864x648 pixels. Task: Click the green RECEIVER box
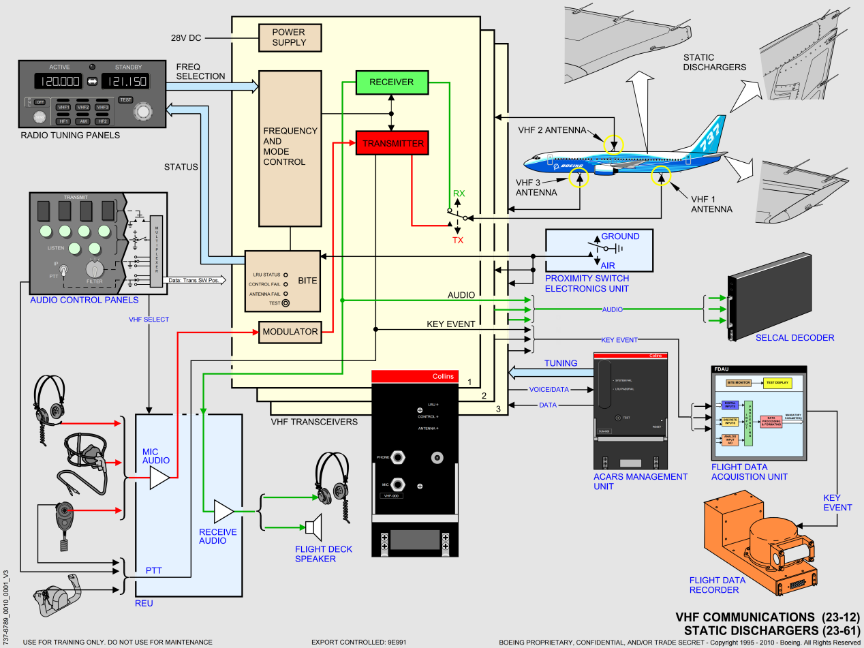pyautogui.click(x=392, y=82)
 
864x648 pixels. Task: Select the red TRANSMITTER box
pyautogui.click(x=393, y=143)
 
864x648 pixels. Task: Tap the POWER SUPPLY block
pyautogui.click(x=290, y=37)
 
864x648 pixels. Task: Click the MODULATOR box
pyautogui.click(x=290, y=332)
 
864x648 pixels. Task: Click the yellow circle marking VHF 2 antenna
pyautogui.click(x=614, y=144)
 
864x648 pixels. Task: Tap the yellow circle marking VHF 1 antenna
pyautogui.click(x=660, y=176)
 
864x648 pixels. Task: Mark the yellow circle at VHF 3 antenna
pyautogui.click(x=579, y=178)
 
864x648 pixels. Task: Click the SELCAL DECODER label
pyautogui.click(x=794, y=337)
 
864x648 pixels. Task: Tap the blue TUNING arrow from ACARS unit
pyautogui.click(x=549, y=372)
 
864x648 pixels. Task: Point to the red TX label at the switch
pyautogui.click(x=459, y=241)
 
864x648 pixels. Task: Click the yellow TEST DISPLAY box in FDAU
pyautogui.click(x=777, y=383)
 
